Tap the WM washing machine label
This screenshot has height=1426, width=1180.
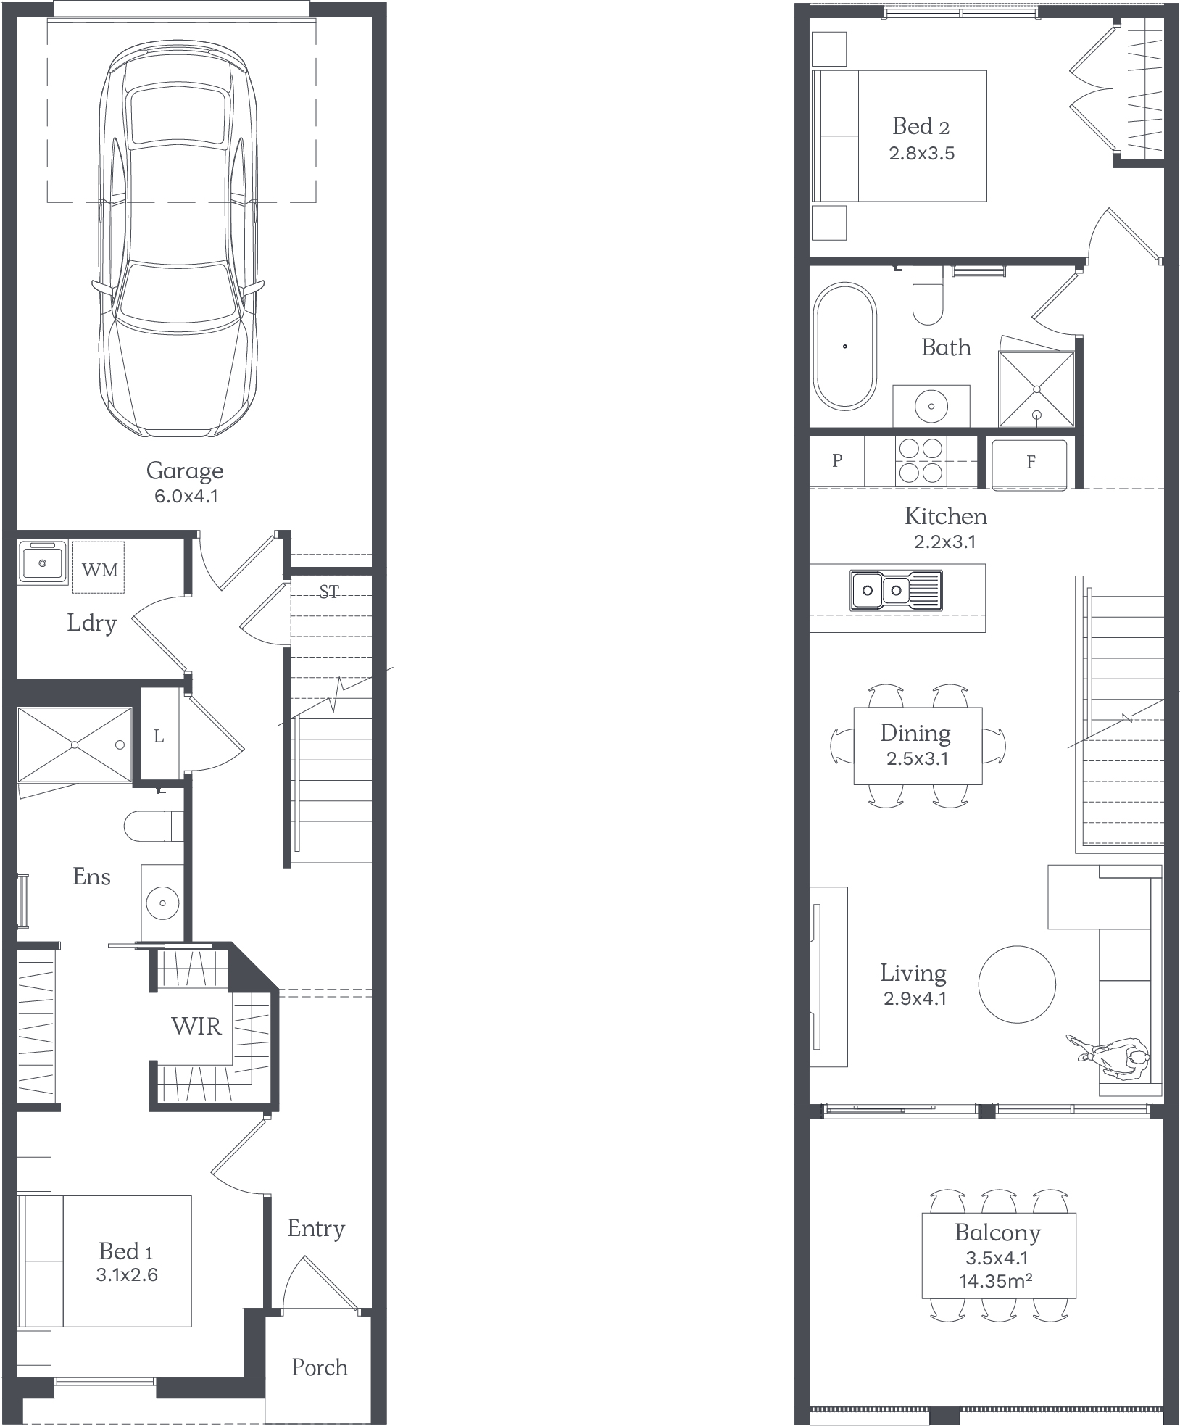pos(99,570)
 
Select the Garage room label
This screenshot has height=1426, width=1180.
pos(185,471)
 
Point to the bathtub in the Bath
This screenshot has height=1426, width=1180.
pos(845,346)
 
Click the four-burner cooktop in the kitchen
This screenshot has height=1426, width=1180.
pos(921,461)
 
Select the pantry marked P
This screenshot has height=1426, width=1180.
pos(837,461)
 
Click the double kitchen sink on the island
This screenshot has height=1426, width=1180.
pos(897,589)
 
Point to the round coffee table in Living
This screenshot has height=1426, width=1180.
pos(1017,984)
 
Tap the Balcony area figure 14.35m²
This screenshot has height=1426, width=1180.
pos(996,1281)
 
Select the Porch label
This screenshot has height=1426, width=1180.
pos(320,1367)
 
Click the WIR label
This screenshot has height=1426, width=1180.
pos(196,1026)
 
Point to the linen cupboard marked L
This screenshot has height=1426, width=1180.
pos(159,736)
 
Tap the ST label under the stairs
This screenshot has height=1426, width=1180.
pos(329,592)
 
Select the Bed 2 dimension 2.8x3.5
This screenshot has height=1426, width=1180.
pos(922,153)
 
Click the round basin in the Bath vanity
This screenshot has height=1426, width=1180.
pos(931,406)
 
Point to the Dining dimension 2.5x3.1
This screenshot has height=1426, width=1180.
pos(917,758)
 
